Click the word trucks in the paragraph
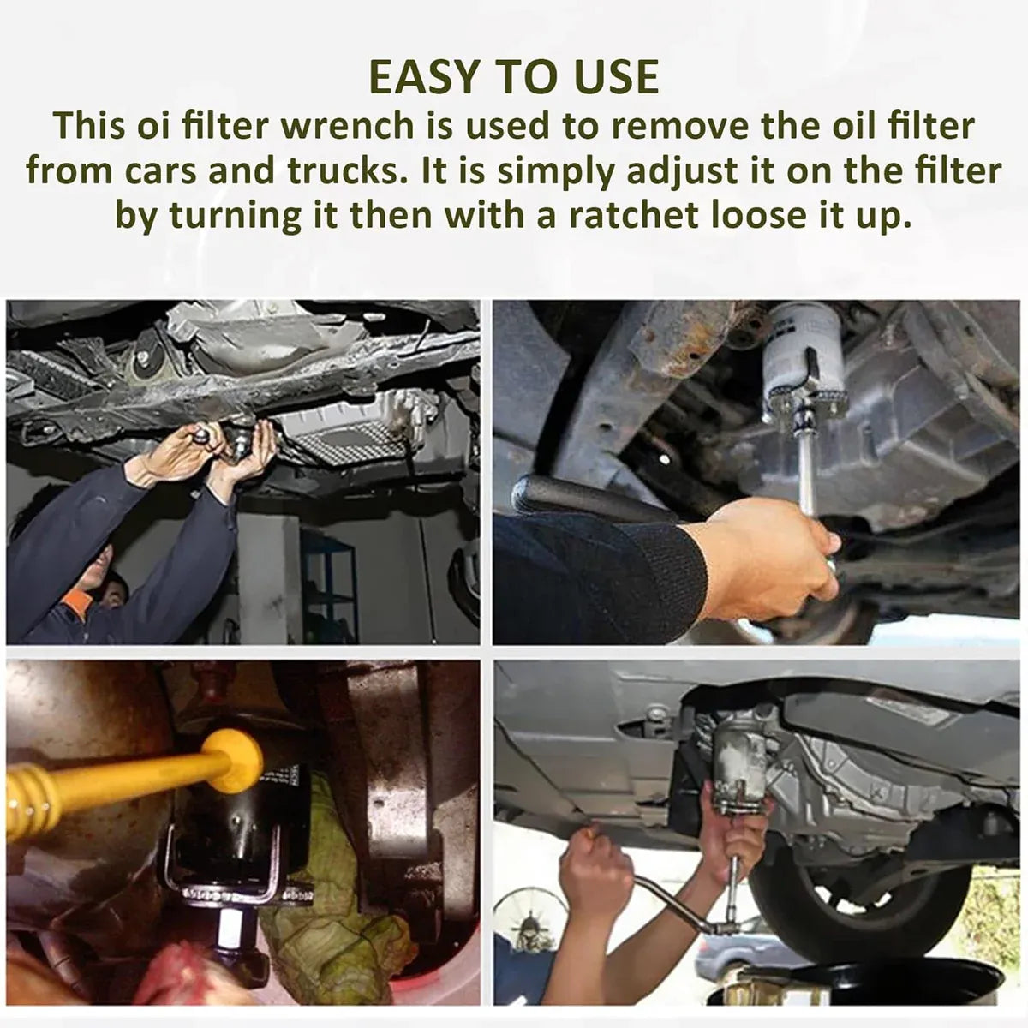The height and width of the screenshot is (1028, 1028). [x=344, y=170]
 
